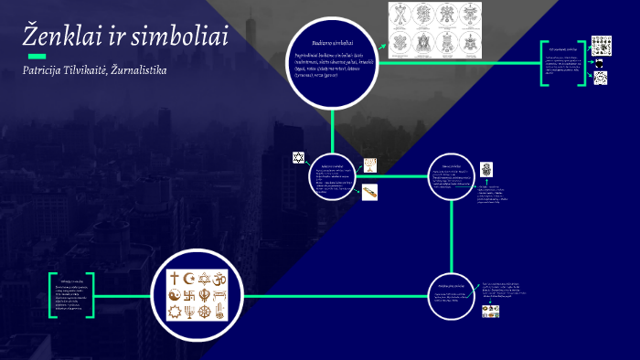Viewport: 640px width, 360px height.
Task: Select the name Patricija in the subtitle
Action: point(52,70)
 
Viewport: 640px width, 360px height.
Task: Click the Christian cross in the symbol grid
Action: point(175,278)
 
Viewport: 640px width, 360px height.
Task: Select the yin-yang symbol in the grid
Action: point(175,295)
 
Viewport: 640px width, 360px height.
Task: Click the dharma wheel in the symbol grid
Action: point(175,312)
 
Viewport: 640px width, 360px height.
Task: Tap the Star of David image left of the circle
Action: point(297,158)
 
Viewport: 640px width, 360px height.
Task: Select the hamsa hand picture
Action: point(486,169)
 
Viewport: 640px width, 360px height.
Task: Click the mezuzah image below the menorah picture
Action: point(370,192)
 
